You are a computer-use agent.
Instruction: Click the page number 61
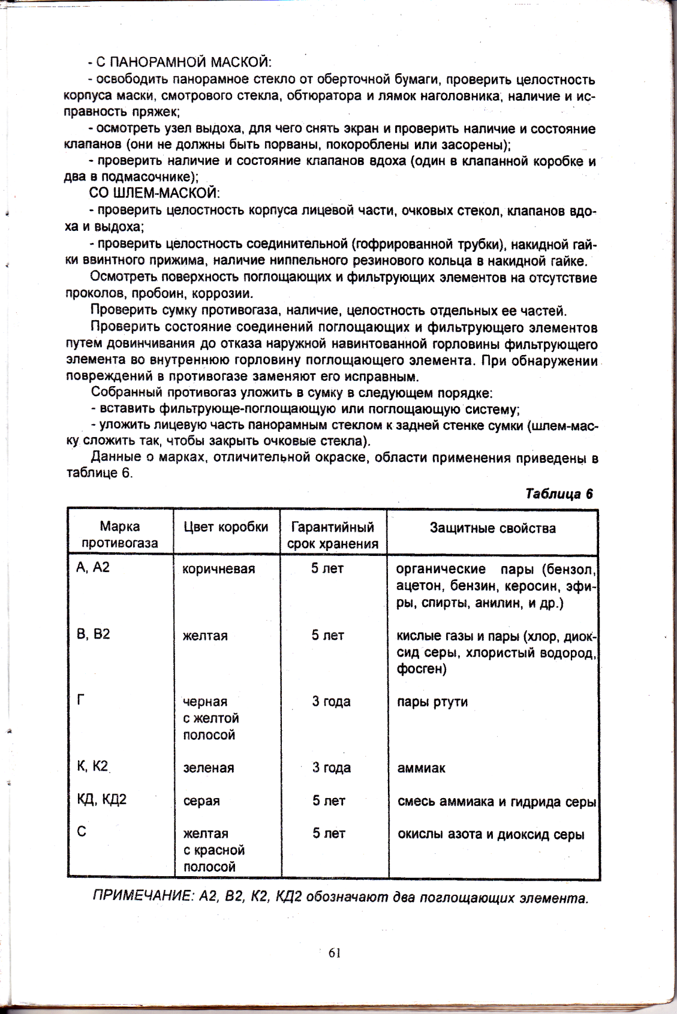pos(335,952)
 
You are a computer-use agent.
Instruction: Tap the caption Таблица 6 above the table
pos(558,494)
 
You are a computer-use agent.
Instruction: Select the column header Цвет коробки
pos(225,527)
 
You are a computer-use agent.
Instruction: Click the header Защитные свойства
pos(492,528)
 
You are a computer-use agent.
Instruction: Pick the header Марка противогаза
pos(120,535)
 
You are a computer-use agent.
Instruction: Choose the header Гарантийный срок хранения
pos(333,535)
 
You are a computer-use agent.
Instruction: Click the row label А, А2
pos(93,567)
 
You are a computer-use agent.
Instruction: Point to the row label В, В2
pos(93,634)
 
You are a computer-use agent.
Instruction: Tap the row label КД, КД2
pos(101,800)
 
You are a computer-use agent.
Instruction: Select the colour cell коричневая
pos(218,569)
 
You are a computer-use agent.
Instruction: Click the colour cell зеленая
pos(207,768)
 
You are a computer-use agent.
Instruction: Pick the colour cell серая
pos(201,801)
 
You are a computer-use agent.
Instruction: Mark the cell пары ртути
pos(432,702)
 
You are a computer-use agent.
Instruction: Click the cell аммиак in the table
pos(421,768)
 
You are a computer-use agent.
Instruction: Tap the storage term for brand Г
pos(331,702)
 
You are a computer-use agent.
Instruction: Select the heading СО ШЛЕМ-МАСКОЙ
pos(154,193)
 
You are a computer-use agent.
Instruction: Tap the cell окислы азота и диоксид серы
pos(491,834)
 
